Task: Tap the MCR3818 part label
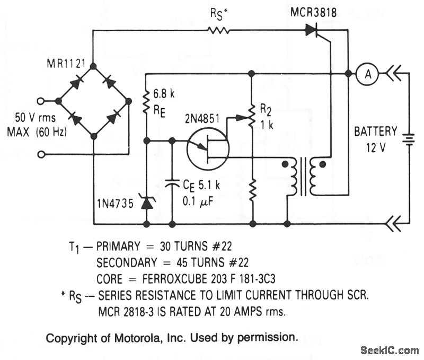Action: click(313, 12)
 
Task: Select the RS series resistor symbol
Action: click(218, 30)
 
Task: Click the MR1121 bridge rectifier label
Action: click(66, 64)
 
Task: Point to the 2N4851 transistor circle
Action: click(207, 148)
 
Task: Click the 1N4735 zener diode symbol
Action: click(147, 201)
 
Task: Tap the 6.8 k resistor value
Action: click(164, 94)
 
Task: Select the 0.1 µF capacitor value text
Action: click(198, 202)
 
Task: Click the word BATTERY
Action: click(375, 131)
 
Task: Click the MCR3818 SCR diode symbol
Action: click(312, 30)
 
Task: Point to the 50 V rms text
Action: click(35, 118)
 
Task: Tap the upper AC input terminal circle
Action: click(41, 101)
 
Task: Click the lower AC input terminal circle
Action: click(41, 154)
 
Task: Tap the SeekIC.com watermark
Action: click(390, 350)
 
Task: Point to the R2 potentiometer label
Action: click(266, 109)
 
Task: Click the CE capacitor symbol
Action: click(172, 183)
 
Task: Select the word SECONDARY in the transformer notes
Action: click(127, 262)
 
